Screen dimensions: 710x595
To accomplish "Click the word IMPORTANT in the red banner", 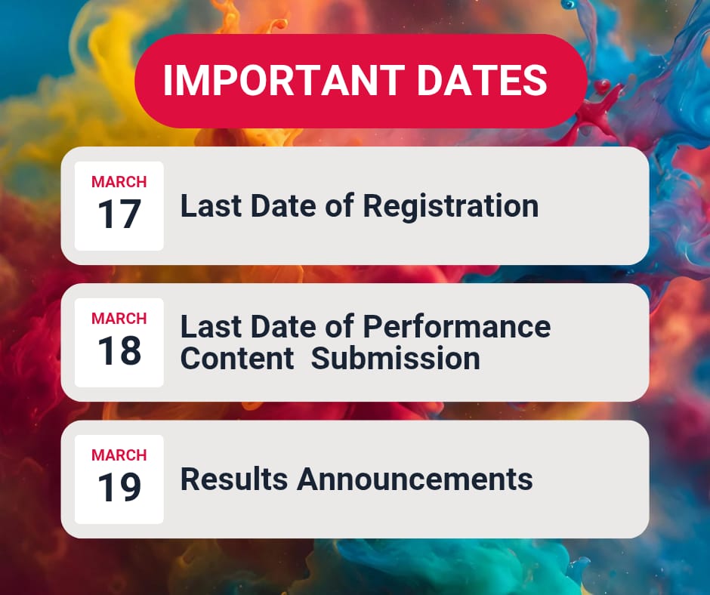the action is [284, 80].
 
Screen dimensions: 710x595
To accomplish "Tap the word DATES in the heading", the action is [482, 80].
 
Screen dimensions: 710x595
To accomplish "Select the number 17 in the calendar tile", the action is [119, 214].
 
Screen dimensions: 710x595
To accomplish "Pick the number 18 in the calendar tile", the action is [119, 350].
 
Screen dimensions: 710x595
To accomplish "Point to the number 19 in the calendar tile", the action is [119, 487].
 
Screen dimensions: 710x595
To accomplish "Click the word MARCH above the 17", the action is [119, 181].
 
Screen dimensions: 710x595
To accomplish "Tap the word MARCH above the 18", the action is [119, 319].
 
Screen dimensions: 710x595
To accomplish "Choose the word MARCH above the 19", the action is [119, 455].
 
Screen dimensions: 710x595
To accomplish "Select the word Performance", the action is [457, 327].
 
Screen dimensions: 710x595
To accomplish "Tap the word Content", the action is [237, 358].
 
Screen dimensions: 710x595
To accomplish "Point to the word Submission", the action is [395, 358].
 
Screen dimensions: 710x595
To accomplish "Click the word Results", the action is [234, 479].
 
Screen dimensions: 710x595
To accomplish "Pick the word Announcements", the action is [415, 479].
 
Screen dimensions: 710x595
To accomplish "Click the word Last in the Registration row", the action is [211, 206].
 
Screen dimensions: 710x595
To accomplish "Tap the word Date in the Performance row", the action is [283, 327].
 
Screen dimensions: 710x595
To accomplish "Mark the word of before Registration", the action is [339, 206].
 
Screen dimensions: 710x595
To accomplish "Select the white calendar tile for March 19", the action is [119, 479].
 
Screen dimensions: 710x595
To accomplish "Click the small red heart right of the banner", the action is [602, 85].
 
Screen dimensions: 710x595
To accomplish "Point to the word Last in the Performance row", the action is [211, 327].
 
